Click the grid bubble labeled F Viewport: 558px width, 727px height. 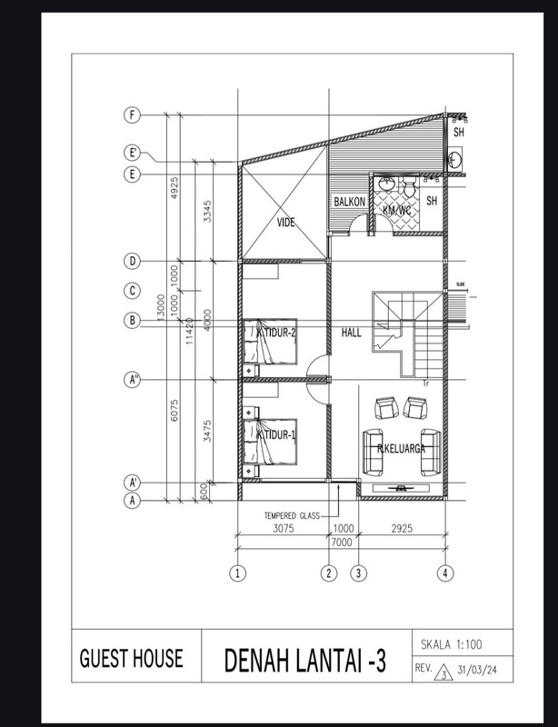(133, 115)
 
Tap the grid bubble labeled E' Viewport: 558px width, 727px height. (133, 154)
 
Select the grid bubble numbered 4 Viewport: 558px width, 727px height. (444, 573)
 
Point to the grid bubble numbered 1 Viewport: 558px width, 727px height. (237, 573)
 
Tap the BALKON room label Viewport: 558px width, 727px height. (349, 202)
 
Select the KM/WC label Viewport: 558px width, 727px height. (397, 211)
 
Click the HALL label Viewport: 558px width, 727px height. (352, 333)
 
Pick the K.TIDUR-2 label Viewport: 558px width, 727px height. (276, 333)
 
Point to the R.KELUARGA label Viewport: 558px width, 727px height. (403, 447)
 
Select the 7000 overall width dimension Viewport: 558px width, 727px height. (341, 542)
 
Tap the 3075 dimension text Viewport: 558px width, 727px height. (281, 528)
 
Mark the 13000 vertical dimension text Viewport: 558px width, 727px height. (161, 310)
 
